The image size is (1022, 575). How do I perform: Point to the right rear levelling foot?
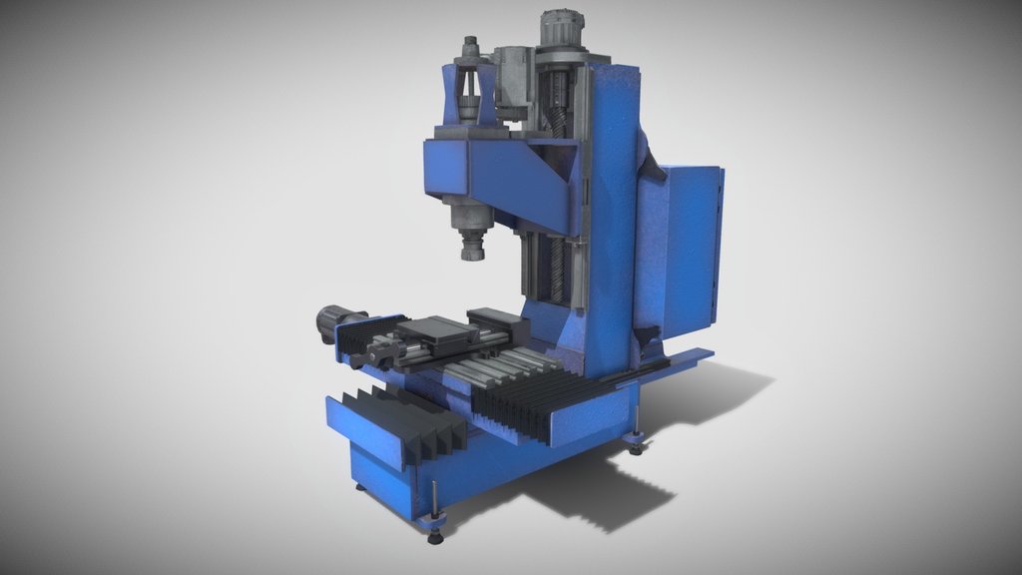(636, 442)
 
